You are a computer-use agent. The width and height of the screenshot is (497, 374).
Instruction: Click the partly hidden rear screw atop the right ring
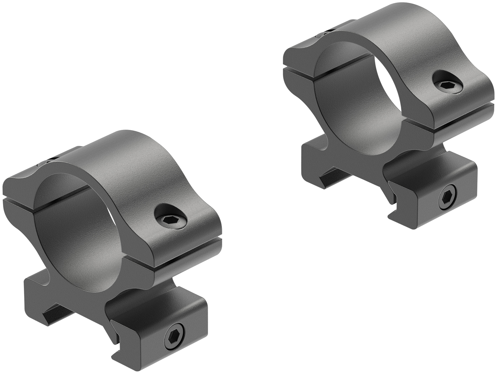pos(325,32)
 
